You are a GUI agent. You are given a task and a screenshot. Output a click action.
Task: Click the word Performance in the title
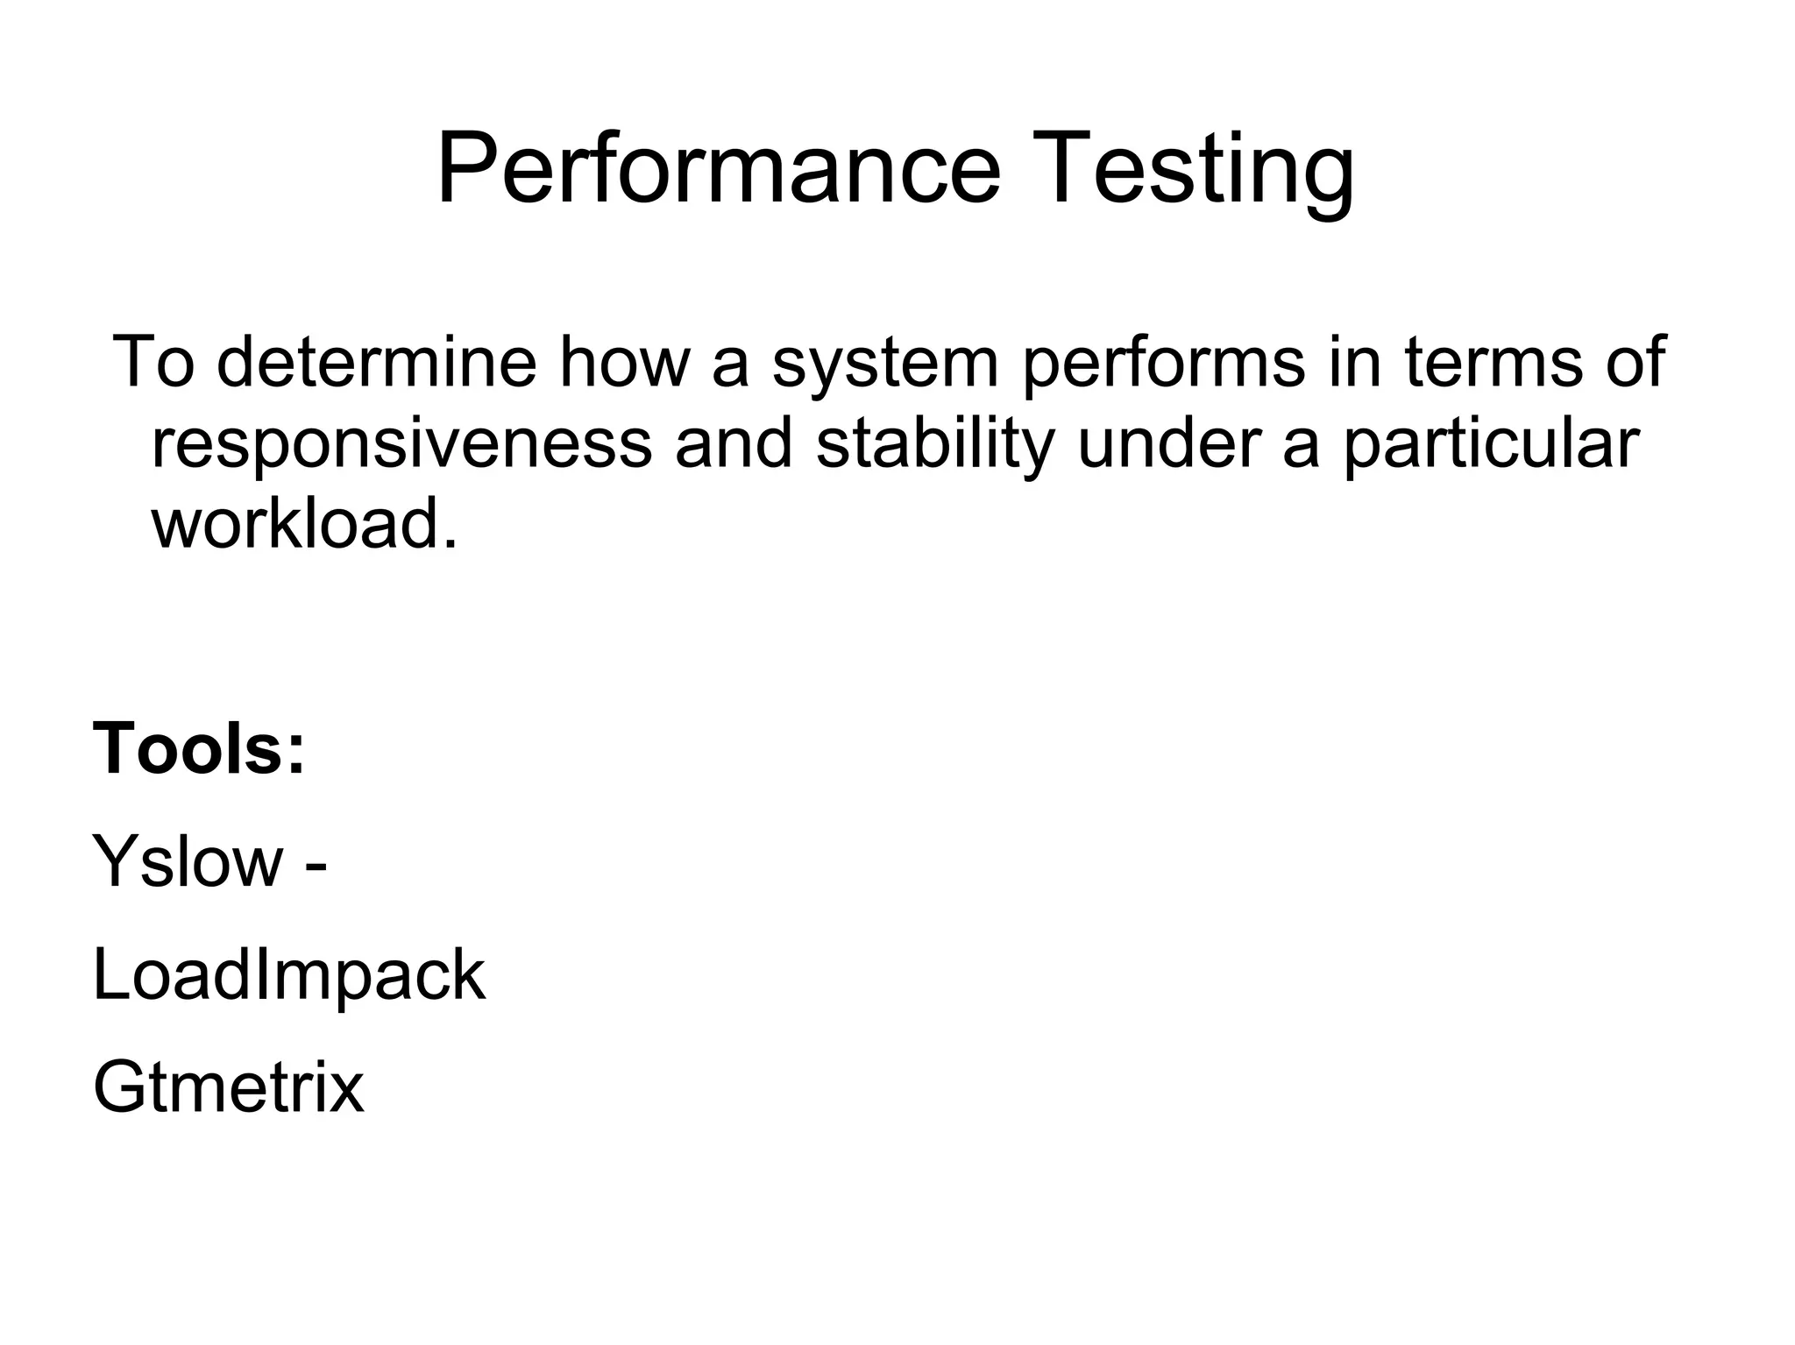718,169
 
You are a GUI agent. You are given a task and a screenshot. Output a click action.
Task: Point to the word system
885,363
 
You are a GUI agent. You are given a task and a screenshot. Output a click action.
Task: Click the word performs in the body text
1163,363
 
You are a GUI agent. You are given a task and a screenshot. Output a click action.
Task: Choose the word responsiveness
401,443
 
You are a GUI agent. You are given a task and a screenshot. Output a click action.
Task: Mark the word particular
1491,443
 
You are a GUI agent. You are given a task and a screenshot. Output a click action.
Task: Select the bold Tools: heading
199,749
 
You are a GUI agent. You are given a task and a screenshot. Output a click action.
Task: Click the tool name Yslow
188,861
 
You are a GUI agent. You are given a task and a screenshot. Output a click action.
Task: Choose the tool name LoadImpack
288,975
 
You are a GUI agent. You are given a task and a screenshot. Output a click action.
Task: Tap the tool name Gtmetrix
228,1087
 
